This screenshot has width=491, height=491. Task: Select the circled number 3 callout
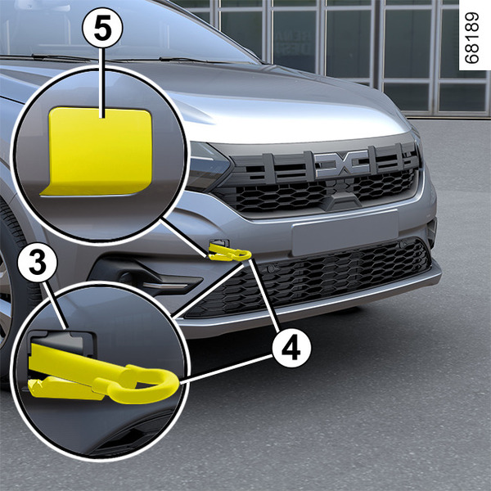(38, 264)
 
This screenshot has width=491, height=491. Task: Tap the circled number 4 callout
(291, 348)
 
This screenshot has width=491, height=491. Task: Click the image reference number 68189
(471, 38)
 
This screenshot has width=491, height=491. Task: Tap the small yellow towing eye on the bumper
(229, 252)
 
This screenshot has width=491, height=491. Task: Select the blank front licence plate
(345, 232)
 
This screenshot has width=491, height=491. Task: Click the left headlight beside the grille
(208, 166)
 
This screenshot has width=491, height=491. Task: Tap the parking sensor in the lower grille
(271, 268)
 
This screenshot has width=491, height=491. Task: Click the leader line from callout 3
(56, 305)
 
